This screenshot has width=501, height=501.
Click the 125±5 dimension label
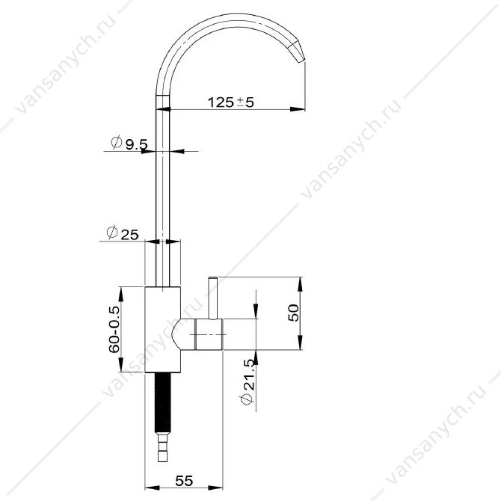[231, 102]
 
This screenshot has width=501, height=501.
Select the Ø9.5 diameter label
[129, 143]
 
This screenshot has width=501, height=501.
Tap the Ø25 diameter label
[123, 233]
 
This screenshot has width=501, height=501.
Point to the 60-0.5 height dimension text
[114, 330]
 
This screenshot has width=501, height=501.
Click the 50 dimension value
[293, 313]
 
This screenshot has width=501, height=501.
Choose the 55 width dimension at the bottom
[185, 481]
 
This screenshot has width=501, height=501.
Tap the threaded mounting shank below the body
[163, 402]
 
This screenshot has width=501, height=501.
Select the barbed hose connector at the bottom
[163, 447]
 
